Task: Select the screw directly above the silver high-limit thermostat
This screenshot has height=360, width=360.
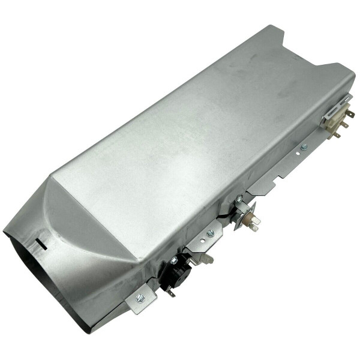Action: coord(239,198)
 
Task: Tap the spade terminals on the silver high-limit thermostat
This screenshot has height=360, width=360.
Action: coord(255,224)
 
